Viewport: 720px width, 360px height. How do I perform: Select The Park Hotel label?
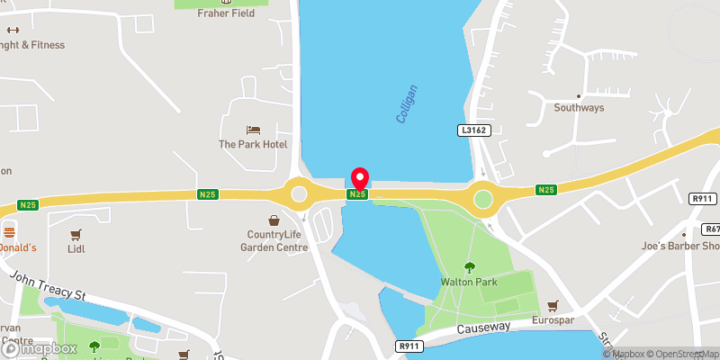(252, 144)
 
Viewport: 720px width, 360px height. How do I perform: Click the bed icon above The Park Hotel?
(253, 130)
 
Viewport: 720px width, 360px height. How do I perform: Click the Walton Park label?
(469, 281)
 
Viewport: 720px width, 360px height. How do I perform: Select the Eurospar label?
(553, 319)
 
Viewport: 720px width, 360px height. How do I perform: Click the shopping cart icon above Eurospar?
(553, 305)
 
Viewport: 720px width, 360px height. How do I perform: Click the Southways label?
(579, 108)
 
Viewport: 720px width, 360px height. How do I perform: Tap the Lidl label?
(76, 247)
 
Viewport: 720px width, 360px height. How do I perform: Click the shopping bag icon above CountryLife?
(274, 220)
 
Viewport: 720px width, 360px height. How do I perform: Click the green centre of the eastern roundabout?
(484, 197)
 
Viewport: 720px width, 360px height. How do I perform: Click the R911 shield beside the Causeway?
(409, 345)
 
